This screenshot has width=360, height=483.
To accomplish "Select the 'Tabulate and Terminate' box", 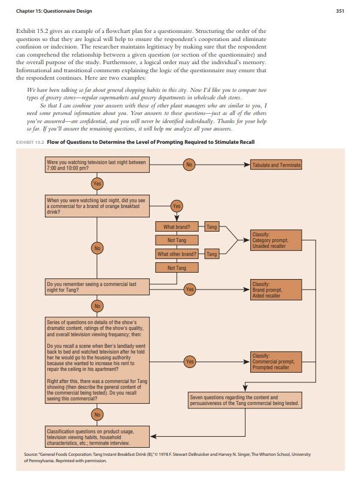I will (276, 165).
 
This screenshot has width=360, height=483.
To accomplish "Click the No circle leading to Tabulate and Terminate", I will (189, 165).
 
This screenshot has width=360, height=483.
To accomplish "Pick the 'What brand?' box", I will (177, 227).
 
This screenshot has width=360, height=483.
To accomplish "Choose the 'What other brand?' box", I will (177, 254).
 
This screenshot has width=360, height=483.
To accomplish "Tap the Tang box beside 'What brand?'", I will (212, 227).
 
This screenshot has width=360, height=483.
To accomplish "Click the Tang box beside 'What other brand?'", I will (212, 254).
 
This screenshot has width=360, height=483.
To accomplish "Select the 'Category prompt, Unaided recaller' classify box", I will (276, 240).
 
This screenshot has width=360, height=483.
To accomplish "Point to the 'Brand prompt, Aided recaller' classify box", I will (276, 290).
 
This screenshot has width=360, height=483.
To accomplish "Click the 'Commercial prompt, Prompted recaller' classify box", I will (276, 361).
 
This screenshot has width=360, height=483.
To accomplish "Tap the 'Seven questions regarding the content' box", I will (244, 400).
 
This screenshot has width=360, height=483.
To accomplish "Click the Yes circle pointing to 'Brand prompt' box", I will (189, 289).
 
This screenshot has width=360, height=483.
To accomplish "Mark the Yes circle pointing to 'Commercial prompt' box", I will (189, 362).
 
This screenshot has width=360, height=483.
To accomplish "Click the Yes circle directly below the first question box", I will (97, 184).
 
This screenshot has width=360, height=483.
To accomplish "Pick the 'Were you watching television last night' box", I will (97, 165).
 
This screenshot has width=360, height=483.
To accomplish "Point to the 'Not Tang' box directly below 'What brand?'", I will (177, 240).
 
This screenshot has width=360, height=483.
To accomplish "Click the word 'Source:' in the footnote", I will (31, 454).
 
